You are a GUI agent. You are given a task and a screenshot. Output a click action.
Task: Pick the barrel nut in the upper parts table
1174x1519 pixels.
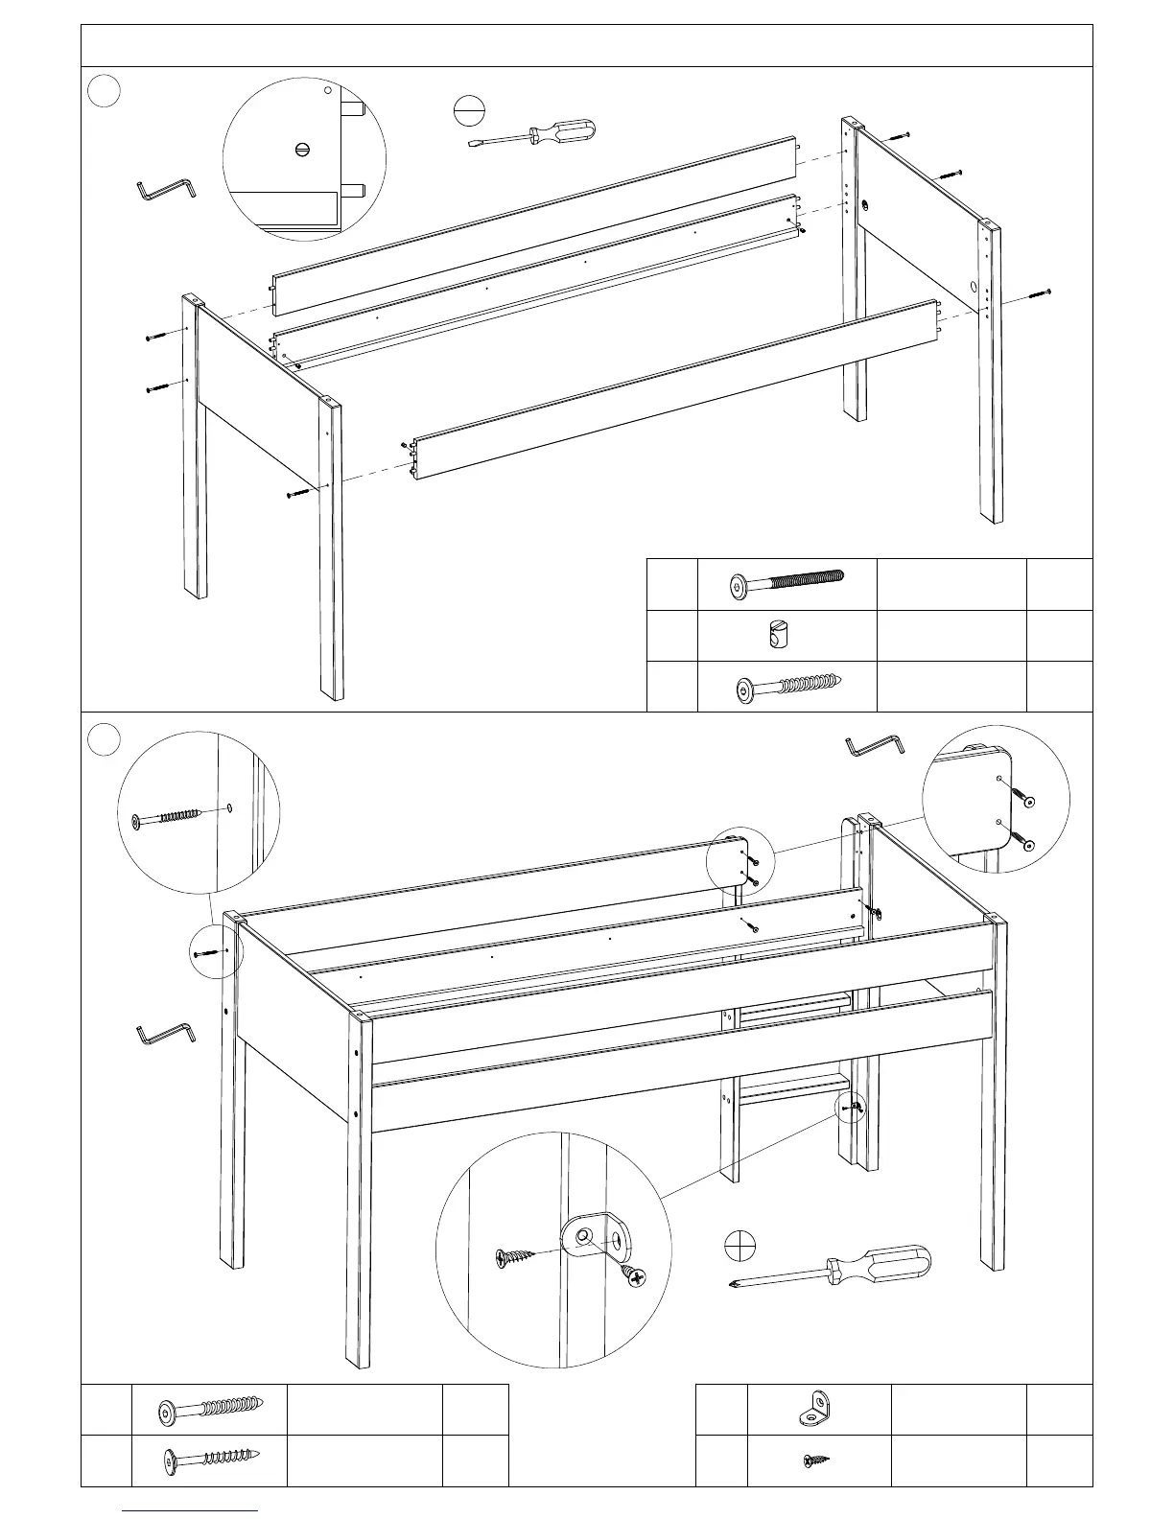(779, 635)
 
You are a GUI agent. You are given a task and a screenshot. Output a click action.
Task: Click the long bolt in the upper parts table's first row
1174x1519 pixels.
(787, 582)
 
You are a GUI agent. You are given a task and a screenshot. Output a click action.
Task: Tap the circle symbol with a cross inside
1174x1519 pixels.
(740, 1245)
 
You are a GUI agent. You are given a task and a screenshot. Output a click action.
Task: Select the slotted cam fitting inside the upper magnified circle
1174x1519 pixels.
(304, 149)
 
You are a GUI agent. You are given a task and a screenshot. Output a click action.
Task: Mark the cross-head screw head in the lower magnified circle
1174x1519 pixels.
(635, 1276)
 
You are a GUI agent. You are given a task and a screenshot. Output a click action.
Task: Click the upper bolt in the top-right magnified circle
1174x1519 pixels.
(1025, 798)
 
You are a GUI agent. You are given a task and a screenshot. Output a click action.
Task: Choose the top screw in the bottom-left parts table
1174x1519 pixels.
(210, 1410)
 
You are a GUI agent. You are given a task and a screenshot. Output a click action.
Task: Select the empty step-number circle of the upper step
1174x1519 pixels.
(105, 91)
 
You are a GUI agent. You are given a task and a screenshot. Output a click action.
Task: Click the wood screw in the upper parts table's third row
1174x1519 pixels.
(787, 687)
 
